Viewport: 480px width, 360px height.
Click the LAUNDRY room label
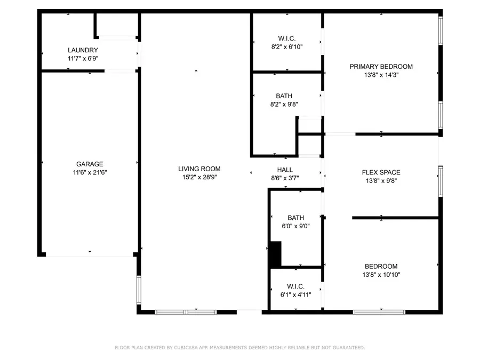point(83,50)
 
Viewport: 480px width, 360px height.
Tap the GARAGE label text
point(89,164)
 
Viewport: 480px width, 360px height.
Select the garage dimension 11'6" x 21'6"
point(89,172)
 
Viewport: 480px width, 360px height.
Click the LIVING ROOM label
point(199,169)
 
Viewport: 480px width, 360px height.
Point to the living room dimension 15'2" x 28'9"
point(199,177)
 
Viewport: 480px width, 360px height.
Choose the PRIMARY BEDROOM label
point(381,67)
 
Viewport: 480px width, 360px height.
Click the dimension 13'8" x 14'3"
point(381,75)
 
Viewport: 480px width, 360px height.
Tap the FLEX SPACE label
point(381,172)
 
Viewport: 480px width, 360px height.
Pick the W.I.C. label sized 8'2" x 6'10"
point(286,38)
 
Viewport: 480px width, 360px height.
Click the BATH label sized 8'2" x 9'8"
point(284,96)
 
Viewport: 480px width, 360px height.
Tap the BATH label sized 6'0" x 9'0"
point(295,218)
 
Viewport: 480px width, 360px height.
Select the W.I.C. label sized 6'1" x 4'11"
point(295,285)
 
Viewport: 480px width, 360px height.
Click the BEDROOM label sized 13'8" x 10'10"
point(381,267)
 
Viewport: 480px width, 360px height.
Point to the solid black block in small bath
point(275,254)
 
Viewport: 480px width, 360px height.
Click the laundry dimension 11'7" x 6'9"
point(83,59)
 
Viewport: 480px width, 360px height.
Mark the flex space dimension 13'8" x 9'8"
point(381,181)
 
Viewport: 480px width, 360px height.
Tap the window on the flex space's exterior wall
point(440,181)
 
